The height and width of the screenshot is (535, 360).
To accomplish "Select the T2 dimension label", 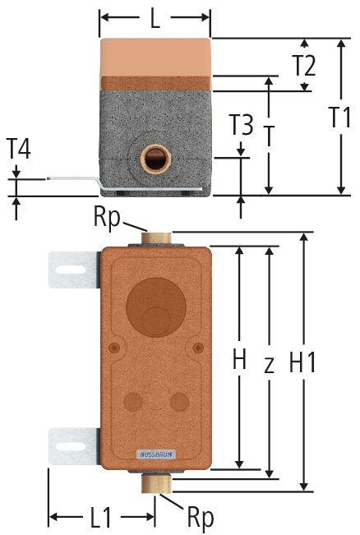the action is coord(304,66).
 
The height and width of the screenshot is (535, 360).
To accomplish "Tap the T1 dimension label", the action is coord(341,117).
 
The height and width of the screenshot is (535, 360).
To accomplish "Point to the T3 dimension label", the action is coord(242,125).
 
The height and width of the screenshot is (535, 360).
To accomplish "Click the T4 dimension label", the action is coord(19,149).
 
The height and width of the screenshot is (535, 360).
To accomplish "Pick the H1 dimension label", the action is coord(302,362).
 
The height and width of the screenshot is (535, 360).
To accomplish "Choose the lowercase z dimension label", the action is coord(270,364).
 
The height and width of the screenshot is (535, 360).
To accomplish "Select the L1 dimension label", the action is coord(101,518).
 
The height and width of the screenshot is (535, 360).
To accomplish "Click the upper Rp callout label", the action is coord(107,218).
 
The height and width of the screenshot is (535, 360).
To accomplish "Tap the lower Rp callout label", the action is coord(201,518).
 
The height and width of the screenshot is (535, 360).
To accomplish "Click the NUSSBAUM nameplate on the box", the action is coord(156,454).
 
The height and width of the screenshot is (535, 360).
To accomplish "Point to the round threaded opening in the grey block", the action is coord(155,158).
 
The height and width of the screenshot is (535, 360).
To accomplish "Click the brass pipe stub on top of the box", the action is coord(156,238).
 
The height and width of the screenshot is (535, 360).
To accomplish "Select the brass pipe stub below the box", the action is coord(156,483).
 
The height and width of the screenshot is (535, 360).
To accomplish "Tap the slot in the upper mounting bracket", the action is coord(71,270).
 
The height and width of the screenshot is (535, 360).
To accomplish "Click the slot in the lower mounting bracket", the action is coord(71,446).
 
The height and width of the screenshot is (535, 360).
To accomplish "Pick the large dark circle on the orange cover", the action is coord(156,307).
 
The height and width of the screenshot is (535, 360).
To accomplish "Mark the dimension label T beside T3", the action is coord(270,136).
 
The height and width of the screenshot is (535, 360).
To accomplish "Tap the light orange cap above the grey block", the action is coord(155,57).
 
